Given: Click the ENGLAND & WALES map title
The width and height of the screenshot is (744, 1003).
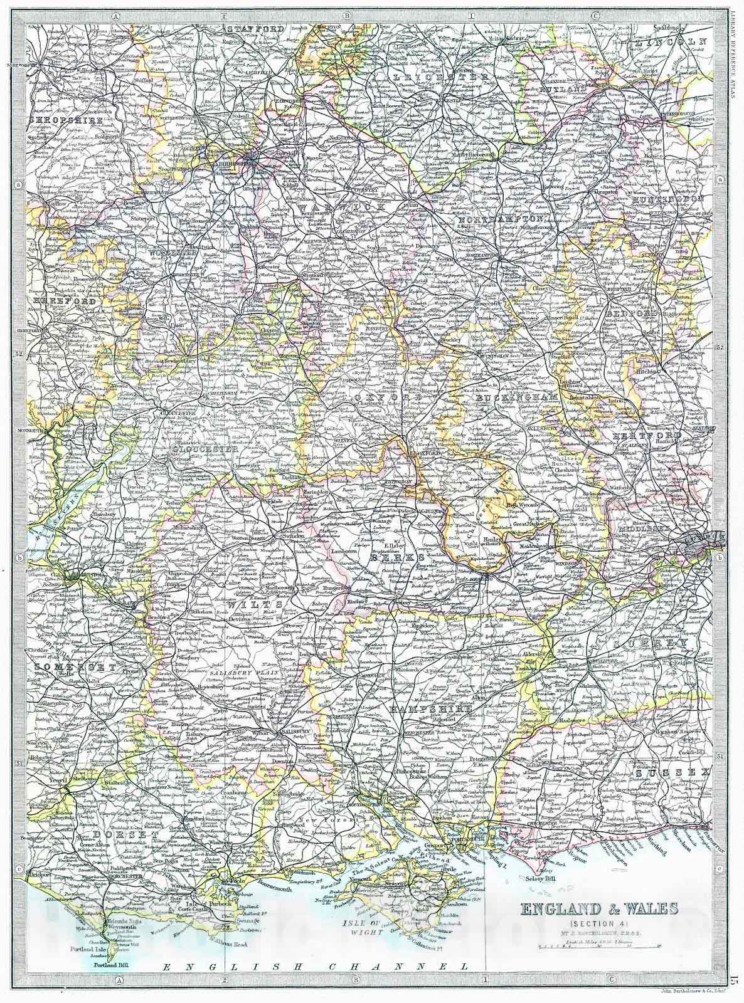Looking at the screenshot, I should click(597, 907).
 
